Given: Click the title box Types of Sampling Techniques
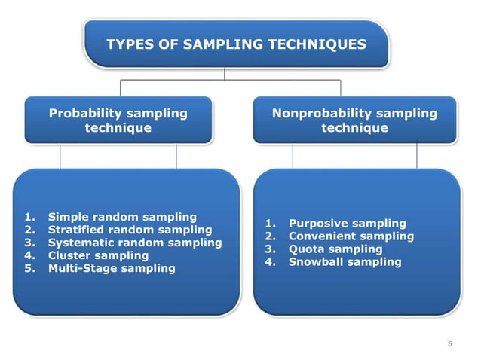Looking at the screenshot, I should pos(236,44).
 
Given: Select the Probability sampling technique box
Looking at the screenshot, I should pos(118,121).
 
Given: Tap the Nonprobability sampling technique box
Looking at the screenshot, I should pos(354,121).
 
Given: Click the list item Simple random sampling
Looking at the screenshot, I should pos(122,217).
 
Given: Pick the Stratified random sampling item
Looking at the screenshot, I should pos(130,230).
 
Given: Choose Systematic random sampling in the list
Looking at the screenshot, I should pos(135,243).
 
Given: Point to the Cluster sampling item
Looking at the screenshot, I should pos(98,255).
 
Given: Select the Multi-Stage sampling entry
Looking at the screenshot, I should pos(112,268).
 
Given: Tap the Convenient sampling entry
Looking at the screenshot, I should pos(351,236).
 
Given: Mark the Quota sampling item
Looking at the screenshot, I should pos(335,249).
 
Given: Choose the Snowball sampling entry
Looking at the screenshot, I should pos(345,262).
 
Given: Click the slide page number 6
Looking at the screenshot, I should pos(450,344).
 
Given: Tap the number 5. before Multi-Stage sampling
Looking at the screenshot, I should pos(30,268).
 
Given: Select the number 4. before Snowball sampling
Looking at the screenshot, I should pos(271,262).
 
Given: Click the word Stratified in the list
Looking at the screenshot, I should pos(79,230).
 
